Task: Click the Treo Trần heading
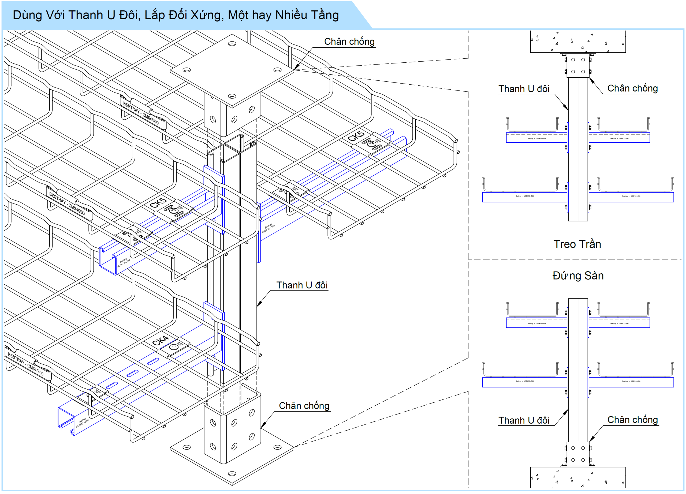point(577,244)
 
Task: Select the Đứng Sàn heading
point(578,276)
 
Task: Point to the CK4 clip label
point(160,341)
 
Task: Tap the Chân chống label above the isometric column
point(349,42)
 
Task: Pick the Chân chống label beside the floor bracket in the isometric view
point(304,406)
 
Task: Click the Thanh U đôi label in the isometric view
point(302,285)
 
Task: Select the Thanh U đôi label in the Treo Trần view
point(524,89)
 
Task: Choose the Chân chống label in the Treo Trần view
point(632,88)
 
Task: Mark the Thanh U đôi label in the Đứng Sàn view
point(524,420)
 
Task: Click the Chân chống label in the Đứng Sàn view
point(632,420)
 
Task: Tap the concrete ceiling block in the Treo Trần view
point(578,42)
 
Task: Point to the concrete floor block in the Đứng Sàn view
point(578,477)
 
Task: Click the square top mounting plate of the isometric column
point(232,70)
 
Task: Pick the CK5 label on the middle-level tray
point(158,203)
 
